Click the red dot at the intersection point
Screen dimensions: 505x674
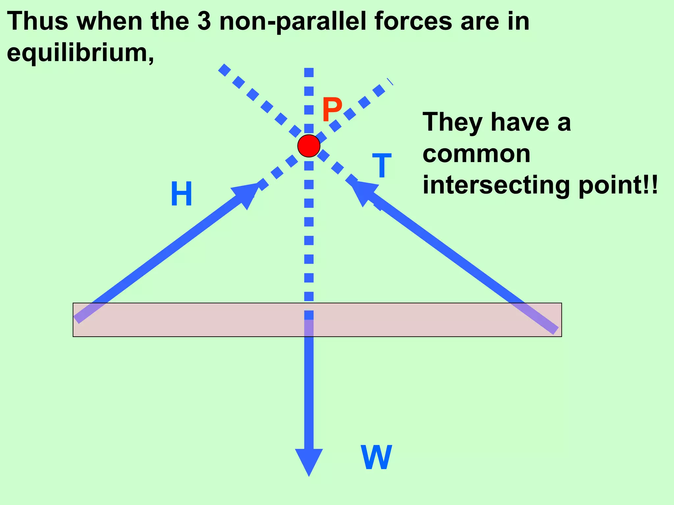[309, 146]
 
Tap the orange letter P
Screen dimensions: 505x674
[332, 110]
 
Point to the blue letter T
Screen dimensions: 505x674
[382, 166]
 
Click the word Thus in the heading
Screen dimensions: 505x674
[38, 21]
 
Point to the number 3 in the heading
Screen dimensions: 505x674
[204, 21]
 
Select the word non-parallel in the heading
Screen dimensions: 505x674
[293, 22]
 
